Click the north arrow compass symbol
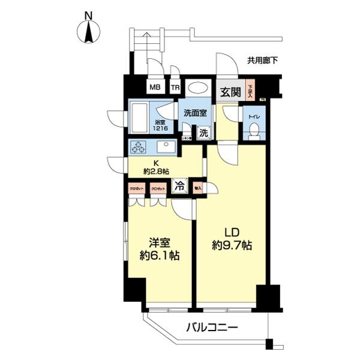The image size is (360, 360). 89,31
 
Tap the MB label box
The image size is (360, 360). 155,88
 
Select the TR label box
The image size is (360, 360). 175,88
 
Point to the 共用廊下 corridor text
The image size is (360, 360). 262,60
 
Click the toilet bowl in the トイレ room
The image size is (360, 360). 254,129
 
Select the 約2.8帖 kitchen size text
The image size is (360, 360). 156,172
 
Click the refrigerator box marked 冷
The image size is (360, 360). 179,187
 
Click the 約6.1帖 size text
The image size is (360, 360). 160,256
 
